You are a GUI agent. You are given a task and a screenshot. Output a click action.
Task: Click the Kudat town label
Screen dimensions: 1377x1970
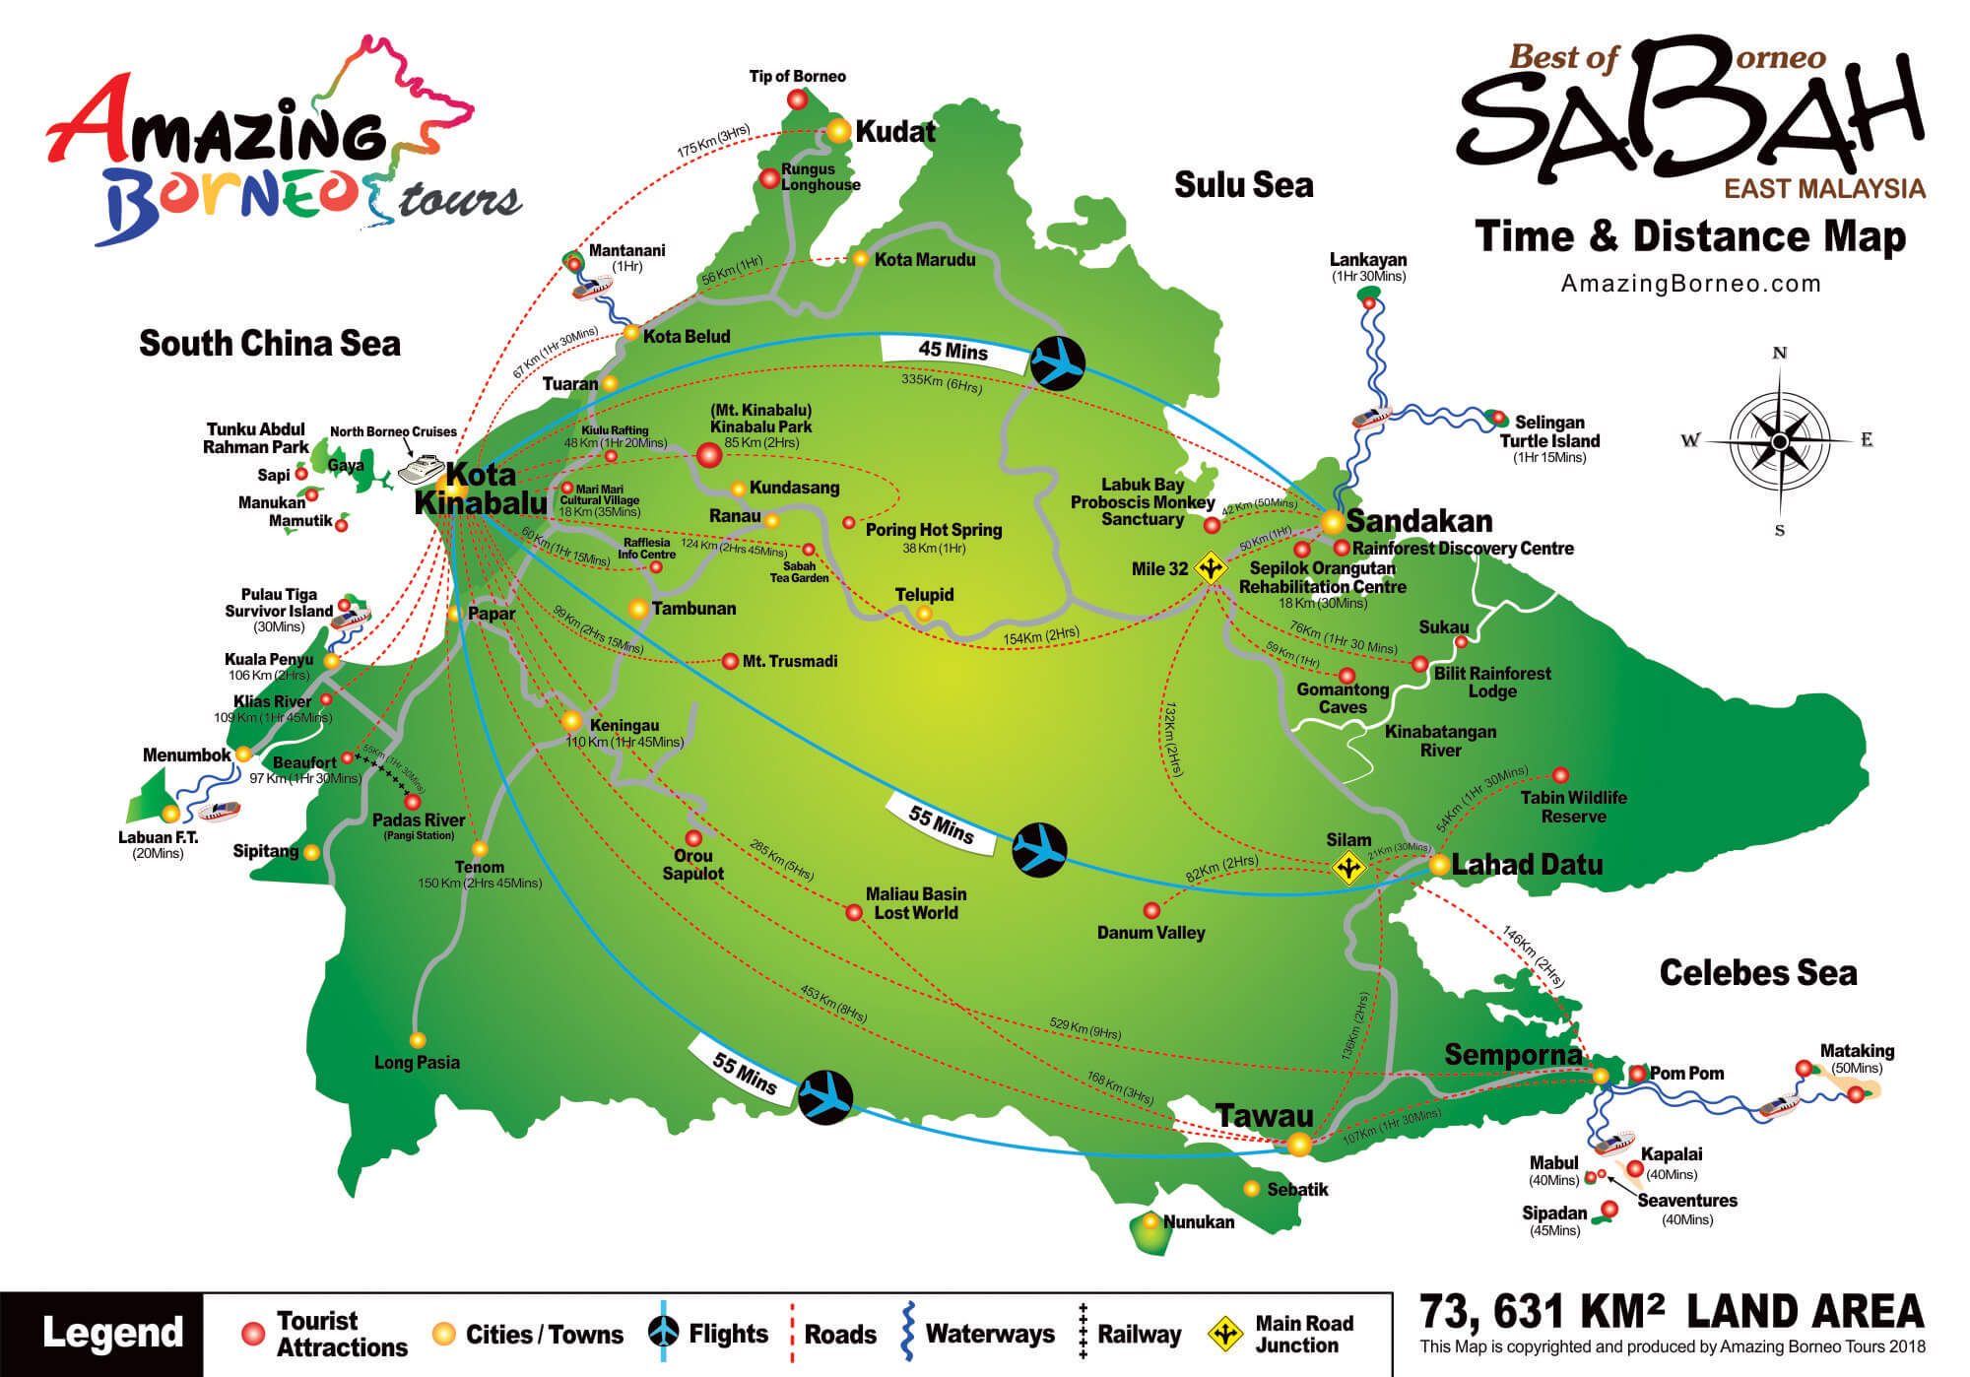[x=894, y=132]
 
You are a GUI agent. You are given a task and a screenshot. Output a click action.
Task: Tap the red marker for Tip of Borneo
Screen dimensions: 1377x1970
[x=798, y=99]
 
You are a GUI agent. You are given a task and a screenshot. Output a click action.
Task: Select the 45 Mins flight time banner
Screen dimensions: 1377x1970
[x=952, y=350]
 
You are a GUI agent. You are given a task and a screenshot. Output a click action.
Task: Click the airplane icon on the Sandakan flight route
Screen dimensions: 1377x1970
[x=1057, y=363]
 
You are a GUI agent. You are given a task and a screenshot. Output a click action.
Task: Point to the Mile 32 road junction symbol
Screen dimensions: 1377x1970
[x=1210, y=568]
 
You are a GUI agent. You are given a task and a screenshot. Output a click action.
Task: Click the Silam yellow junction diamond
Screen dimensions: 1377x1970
[x=1347, y=868]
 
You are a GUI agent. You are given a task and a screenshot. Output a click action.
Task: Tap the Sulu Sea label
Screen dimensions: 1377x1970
[x=1243, y=185]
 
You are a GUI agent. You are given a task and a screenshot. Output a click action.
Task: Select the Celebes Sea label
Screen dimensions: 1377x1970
[x=1757, y=973]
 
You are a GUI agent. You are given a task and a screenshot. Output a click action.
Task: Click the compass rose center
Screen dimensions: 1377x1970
[x=1779, y=441]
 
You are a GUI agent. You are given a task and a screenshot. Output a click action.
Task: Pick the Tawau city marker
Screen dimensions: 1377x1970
[x=1299, y=1144]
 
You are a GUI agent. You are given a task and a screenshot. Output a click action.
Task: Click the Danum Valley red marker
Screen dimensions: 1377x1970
[x=1151, y=910]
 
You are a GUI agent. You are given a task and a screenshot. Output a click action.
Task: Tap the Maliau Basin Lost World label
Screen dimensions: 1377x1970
[x=915, y=903]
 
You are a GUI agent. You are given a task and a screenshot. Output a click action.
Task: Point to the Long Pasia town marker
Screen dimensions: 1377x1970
[x=418, y=1040]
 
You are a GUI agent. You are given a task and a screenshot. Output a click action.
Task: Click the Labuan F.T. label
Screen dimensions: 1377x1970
[x=158, y=837]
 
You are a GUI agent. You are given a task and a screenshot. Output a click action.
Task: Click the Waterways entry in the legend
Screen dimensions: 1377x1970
[x=989, y=1334]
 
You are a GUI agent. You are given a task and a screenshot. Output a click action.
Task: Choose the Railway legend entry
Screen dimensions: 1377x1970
[x=1139, y=1334]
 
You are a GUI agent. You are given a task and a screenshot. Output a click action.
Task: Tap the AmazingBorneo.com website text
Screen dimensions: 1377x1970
[x=1690, y=285]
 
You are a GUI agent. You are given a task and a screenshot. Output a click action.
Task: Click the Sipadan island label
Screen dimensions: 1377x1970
[x=1554, y=1213]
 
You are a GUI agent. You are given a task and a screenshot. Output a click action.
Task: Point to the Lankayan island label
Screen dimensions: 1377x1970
[x=1368, y=260]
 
